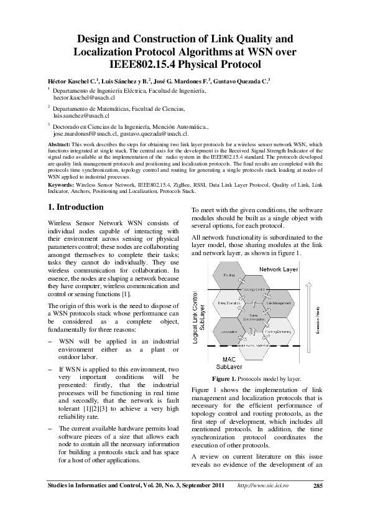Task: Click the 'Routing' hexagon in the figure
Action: pyautogui.click(x=229, y=274)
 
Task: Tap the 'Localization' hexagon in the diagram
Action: pyautogui.click(x=229, y=332)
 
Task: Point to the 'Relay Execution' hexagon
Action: pyautogui.click(x=229, y=303)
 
